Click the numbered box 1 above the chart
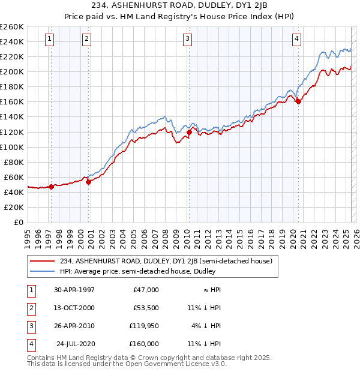pos(49,39)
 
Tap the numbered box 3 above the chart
pos(188,39)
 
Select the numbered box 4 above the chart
pos(296,39)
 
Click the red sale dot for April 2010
pos(189,132)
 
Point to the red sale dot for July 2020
pos(298,101)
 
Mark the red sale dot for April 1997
pos(52,187)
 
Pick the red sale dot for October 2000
pos(88,182)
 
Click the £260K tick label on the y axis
pos(11,27)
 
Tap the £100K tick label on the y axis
pos(11,147)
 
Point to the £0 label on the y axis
pos(19,222)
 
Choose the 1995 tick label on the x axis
pos(28,234)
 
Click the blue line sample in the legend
pos(43,271)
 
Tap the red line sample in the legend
pos(43,261)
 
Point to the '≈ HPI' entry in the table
pos(212,290)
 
